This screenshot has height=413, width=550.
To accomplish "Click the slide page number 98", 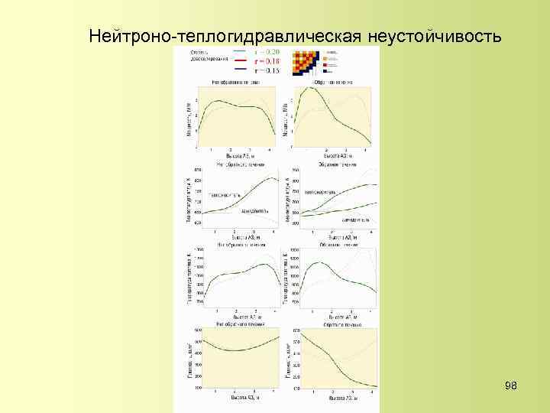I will point(512,386).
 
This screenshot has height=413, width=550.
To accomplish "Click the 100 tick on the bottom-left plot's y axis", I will point(198,389).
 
